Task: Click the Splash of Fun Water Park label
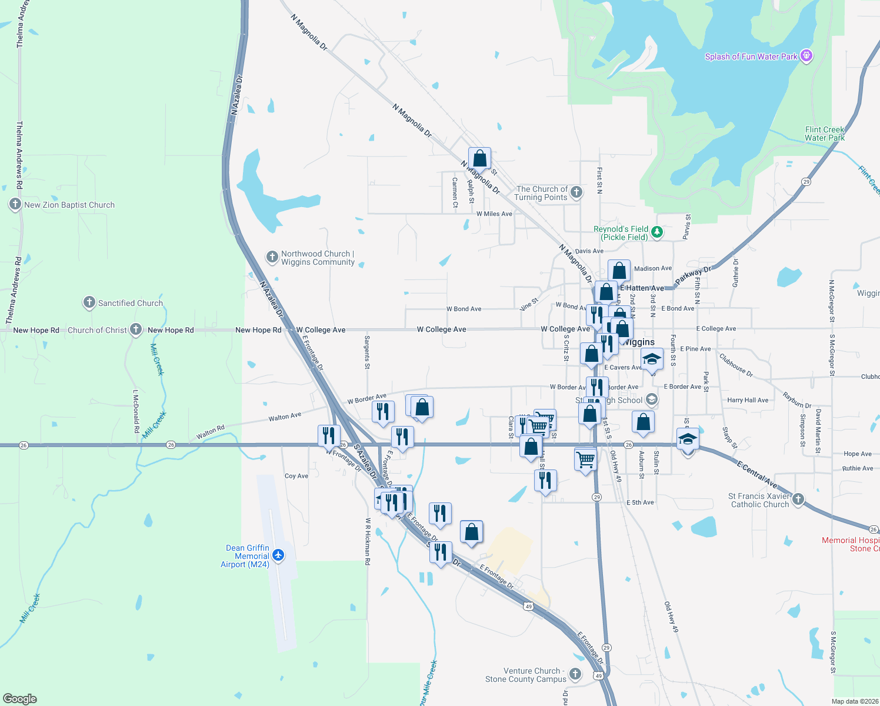pyautogui.click(x=751, y=56)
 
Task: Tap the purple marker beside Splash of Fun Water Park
pyautogui.click(x=806, y=56)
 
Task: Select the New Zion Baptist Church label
pyautogui.click(x=69, y=205)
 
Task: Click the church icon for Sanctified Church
pyautogui.click(x=89, y=302)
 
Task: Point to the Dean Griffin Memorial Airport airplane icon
pyautogui.click(x=278, y=555)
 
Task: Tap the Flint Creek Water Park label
pyautogui.click(x=825, y=134)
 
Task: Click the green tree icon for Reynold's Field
pyautogui.click(x=657, y=232)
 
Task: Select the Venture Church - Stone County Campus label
pyautogui.click(x=526, y=675)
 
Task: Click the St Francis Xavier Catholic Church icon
pyautogui.click(x=798, y=499)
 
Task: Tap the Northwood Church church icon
pyautogui.click(x=272, y=257)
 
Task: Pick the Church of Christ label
pyautogui.click(x=97, y=330)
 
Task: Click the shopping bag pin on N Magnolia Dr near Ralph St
pyautogui.click(x=480, y=158)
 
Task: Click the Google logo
pyautogui.click(x=20, y=699)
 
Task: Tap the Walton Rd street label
pyautogui.click(x=211, y=432)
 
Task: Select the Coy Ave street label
pyautogui.click(x=296, y=476)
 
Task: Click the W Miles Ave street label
pyautogui.click(x=494, y=214)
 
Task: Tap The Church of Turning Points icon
pyautogui.click(x=576, y=192)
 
